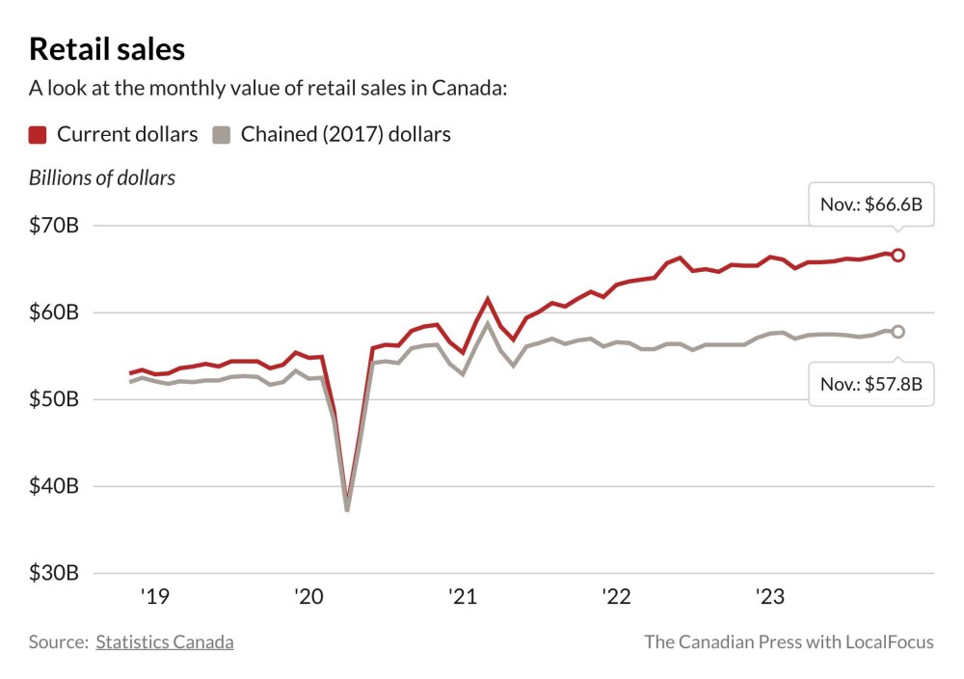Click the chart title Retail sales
pos(107,49)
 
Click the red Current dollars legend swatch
pos(38,135)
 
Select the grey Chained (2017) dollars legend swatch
pos(222,135)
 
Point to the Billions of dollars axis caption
pos(101,178)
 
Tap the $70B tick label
pos(53,226)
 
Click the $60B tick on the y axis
pos(53,312)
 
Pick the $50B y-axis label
pos(53,399)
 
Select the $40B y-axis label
pos(53,486)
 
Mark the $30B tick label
pos(53,573)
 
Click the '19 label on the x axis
pos(154,598)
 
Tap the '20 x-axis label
pos(308,598)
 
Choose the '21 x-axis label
pos(463,598)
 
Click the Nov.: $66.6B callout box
pos(870,204)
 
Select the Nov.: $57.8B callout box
pos(870,384)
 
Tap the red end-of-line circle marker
pos(897,255)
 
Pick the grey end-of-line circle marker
pos(897,332)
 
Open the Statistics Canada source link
pos(164,641)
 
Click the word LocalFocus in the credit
pos(888,641)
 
